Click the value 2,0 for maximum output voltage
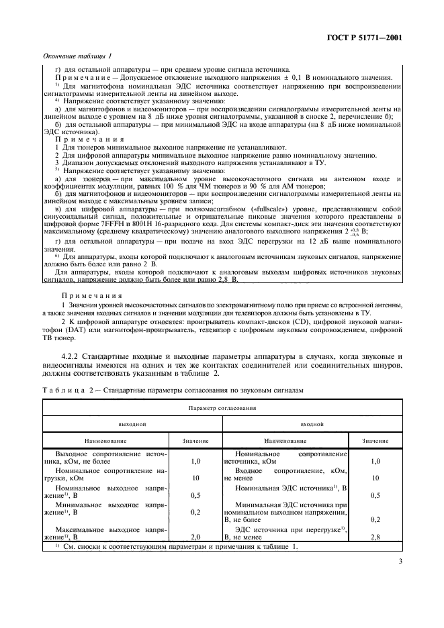click(195, 537)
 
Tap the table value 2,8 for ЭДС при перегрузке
click(375, 537)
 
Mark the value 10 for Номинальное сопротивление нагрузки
click(195, 478)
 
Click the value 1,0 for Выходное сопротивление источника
click(195, 462)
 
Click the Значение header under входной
click(375, 441)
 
